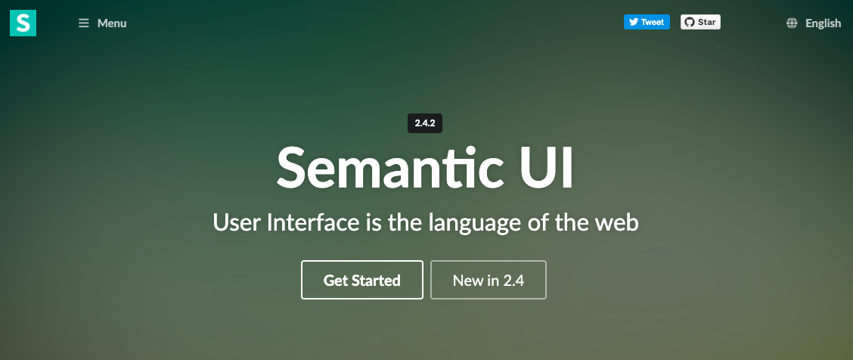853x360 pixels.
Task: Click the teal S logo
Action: [x=23, y=23]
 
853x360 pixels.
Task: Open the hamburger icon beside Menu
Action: [x=84, y=23]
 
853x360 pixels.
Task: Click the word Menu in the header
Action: [x=112, y=23]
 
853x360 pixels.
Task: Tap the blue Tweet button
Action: [x=647, y=22]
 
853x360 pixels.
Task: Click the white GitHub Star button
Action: [x=700, y=22]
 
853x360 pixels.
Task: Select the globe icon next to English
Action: [x=792, y=23]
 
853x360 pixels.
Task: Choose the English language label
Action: [x=823, y=23]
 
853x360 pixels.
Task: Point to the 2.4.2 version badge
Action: [x=425, y=123]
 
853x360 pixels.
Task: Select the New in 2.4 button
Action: [x=488, y=280]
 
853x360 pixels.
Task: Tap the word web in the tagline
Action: [x=617, y=222]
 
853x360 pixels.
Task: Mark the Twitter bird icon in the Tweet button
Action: [x=633, y=22]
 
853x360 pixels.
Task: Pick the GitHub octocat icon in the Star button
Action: [x=689, y=22]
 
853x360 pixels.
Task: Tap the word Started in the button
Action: [x=376, y=281]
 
